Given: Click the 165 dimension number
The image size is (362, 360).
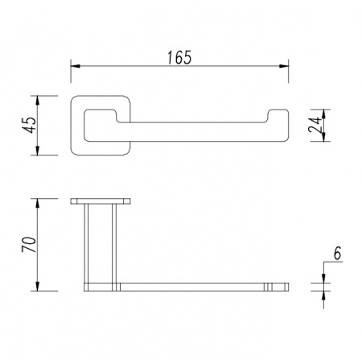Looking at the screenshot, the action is coord(179,57).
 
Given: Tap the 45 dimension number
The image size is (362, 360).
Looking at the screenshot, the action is coord(29,125).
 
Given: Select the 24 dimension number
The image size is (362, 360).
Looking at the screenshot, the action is coord(315,125).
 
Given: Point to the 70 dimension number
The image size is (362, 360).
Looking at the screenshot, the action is coord(29,244).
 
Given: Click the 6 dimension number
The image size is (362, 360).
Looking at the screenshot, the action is coord(337,253).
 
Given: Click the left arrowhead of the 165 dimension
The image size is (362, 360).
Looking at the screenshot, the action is coord(76,66).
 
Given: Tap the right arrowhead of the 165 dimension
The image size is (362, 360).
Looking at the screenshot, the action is coord(284,66).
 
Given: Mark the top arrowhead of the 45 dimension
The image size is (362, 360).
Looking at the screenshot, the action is coord(37,101).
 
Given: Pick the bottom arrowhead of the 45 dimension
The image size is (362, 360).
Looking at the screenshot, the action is coord(37,151).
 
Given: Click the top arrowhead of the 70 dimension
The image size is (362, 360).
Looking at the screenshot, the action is coord(37,203).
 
